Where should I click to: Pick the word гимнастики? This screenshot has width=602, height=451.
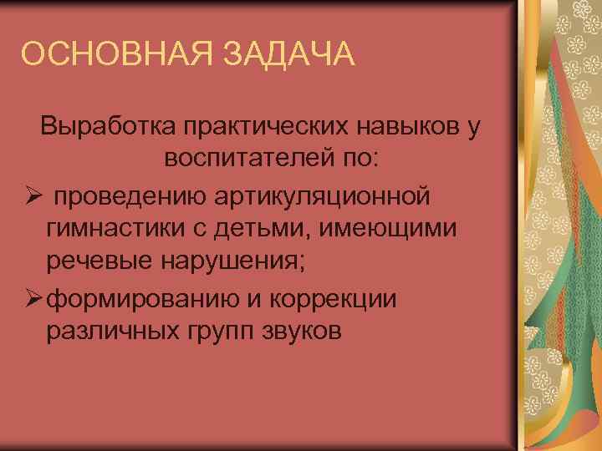117,229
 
